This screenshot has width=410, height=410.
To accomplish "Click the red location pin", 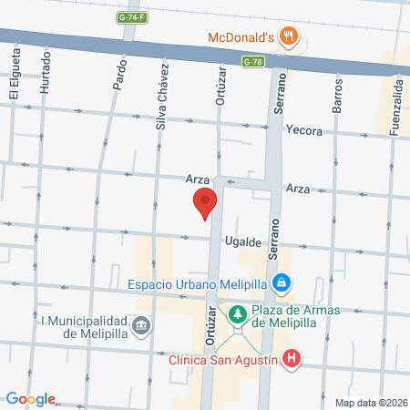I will click(205, 203).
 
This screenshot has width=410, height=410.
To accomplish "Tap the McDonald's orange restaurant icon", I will click(289, 36).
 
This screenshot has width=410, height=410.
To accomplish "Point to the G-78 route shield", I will click(253, 61).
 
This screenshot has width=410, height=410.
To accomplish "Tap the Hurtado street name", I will click(45, 77).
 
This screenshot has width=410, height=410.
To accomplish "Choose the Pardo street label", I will click(119, 74).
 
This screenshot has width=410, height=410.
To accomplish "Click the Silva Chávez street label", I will click(162, 97).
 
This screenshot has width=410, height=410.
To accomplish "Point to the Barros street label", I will click(337, 93).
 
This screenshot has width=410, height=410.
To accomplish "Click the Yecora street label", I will click(303, 130).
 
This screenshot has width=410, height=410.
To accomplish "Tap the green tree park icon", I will click(237, 314).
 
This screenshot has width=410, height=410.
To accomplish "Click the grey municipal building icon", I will click(141, 325).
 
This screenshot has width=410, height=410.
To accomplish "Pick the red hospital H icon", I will click(291, 359).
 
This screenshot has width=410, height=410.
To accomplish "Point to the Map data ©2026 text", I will click(371, 403).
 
